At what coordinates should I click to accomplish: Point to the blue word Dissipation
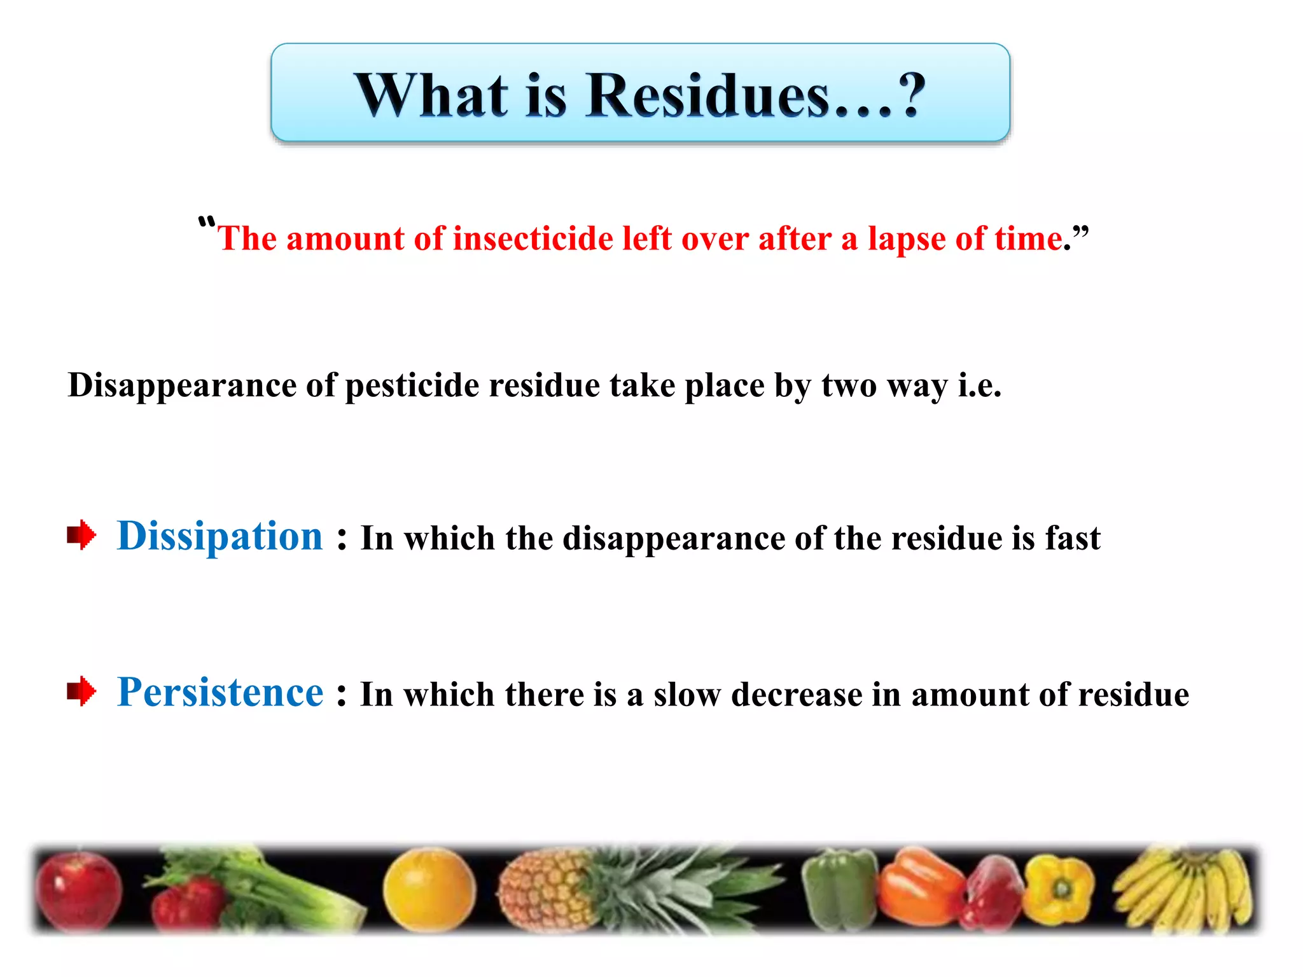coord(220,536)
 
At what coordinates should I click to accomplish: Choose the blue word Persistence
coord(220,692)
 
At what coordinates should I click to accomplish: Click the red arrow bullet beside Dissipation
coord(81,535)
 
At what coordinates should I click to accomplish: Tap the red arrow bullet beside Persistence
coord(81,691)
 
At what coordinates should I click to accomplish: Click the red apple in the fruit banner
coord(78,890)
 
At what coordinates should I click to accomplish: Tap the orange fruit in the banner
coord(429,889)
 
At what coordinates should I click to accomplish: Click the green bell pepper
coord(839,890)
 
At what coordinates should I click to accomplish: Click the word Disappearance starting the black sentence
coord(182,385)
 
